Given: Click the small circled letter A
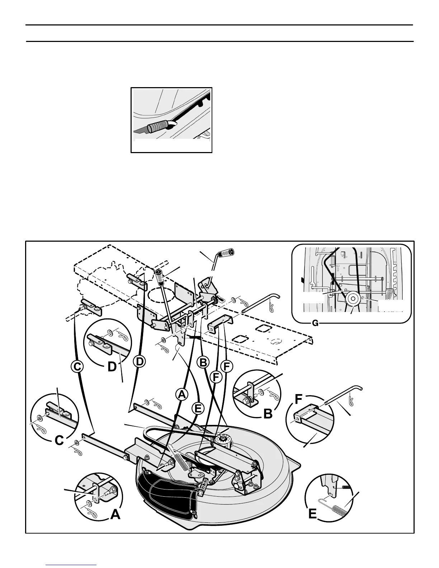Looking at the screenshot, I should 182,394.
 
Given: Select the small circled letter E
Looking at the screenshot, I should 198,408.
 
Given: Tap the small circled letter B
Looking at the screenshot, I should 203,363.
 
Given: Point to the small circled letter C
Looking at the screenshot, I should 77,367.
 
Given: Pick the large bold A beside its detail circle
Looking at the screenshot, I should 115,515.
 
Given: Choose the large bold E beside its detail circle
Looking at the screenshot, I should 313,514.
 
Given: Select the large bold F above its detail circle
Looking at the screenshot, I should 300,398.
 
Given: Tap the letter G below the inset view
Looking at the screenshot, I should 315,323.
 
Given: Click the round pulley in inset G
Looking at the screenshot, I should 352,298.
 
